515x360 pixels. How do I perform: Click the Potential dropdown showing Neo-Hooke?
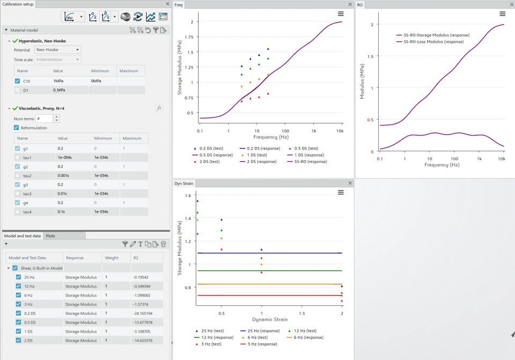(57, 50)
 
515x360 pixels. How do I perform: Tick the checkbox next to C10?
(18, 81)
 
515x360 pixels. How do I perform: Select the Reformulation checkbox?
(16, 128)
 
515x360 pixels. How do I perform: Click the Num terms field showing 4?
(43, 119)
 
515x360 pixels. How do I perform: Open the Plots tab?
(50, 236)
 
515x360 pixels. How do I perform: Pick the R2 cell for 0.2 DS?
(142, 313)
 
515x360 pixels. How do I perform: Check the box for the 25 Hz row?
(19, 277)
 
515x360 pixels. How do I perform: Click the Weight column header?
(112, 258)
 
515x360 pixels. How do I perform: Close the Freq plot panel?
(350, 5)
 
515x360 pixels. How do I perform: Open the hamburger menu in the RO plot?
(502, 14)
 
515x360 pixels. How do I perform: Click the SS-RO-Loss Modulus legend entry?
(433, 41)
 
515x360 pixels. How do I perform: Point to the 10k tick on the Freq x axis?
(340, 131)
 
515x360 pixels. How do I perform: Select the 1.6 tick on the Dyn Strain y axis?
(188, 195)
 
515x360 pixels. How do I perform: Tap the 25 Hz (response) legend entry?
(260, 331)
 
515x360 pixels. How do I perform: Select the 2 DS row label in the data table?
(28, 341)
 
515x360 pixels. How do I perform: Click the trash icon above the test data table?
(164, 244)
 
